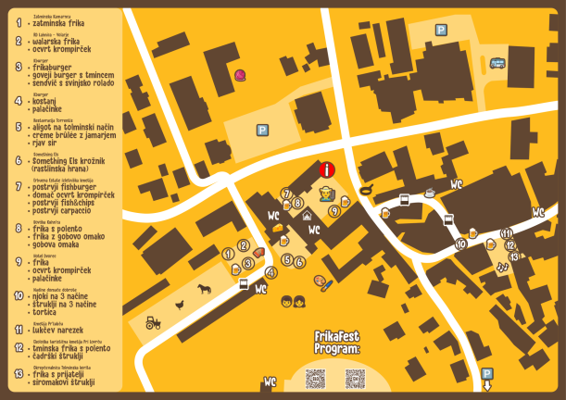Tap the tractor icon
click(152, 322)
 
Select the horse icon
click(202, 289)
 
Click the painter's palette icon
click(320, 281)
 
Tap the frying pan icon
click(367, 191)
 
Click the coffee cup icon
click(430, 193)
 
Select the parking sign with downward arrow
click(488, 375)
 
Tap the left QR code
click(315, 378)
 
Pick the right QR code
click(354, 378)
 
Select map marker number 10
click(461, 244)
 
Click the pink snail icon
click(241, 75)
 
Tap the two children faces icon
click(294, 300)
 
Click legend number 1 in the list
click(19, 20)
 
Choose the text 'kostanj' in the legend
click(47, 100)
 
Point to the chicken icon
click(181, 304)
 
